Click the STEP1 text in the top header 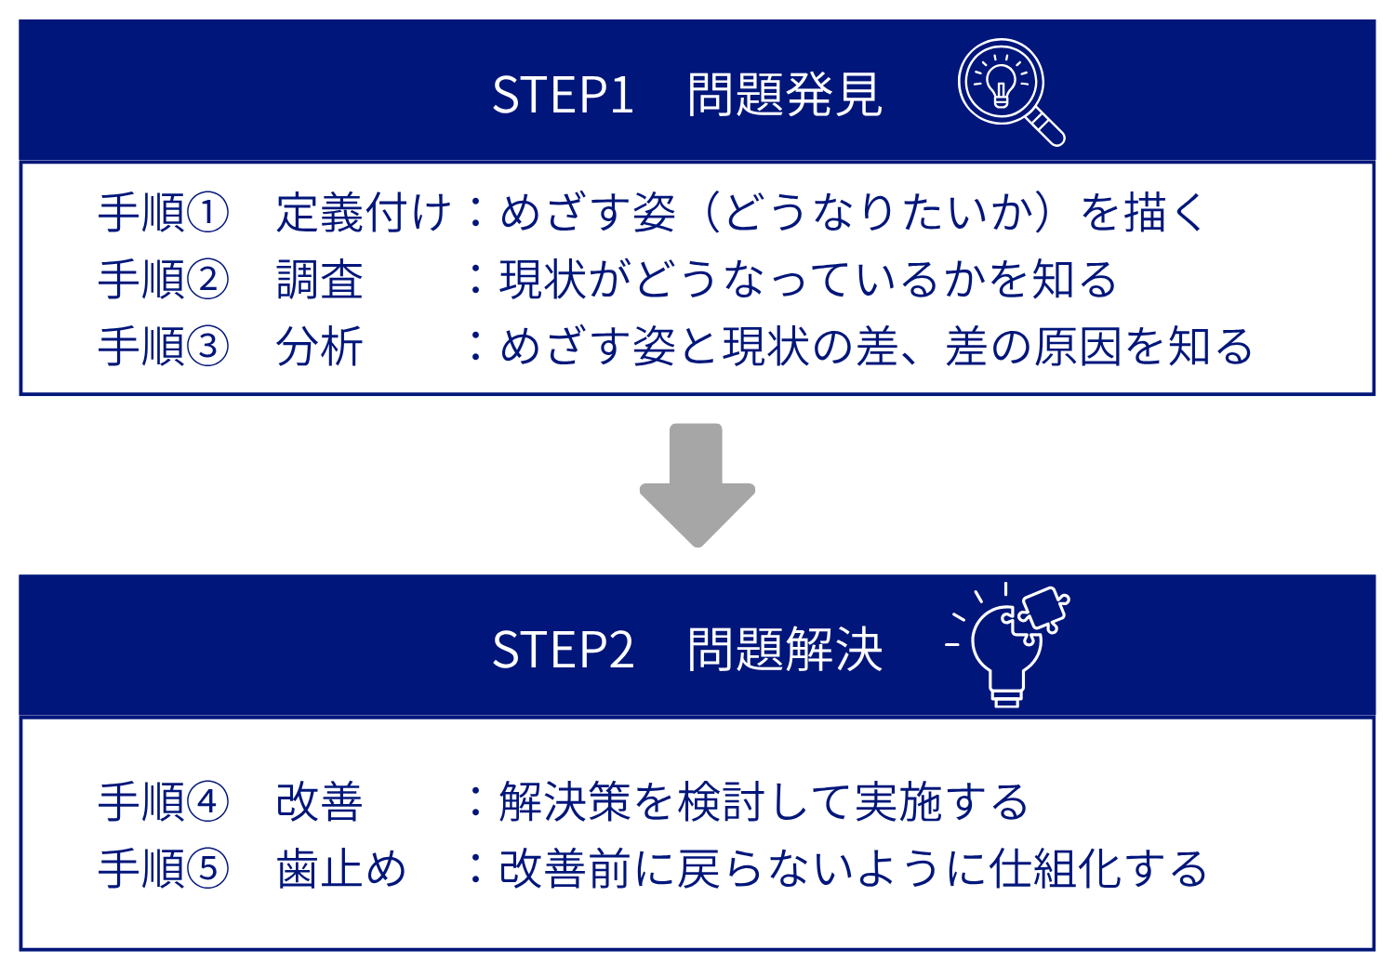(563, 95)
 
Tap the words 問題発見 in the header (784, 95)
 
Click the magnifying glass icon (1009, 90)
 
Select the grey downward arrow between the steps (697, 484)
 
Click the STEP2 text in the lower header (563, 649)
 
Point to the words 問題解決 (784, 649)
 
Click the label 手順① (164, 213)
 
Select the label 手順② (164, 280)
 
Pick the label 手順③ (164, 347)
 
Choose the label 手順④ (164, 802)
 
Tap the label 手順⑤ (164, 869)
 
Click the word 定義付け (363, 213)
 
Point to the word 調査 (319, 280)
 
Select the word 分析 (319, 347)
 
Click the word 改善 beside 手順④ (319, 802)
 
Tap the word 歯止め (341, 869)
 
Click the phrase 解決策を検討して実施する (764, 802)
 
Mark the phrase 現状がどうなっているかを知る (807, 280)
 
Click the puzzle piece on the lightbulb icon (1043, 610)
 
